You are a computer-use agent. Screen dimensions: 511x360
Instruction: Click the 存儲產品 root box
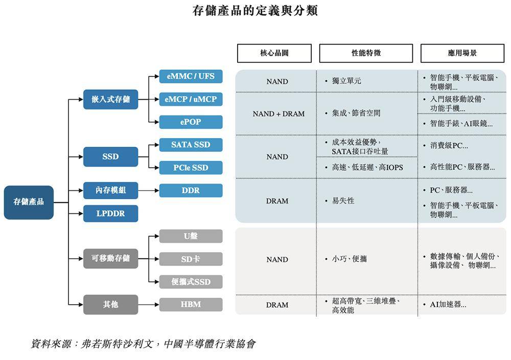[x=29, y=202]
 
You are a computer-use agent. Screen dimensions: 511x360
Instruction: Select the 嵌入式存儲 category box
[x=110, y=99]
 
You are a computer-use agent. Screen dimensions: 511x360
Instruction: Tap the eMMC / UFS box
[x=191, y=76]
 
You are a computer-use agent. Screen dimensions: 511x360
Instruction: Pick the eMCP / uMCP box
[x=191, y=99]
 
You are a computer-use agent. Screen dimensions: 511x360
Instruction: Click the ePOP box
[x=191, y=122]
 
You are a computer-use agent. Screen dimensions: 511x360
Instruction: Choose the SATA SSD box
[x=191, y=145]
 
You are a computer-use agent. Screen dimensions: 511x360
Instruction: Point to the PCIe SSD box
[x=191, y=168]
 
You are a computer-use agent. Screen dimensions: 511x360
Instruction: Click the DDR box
[x=191, y=190]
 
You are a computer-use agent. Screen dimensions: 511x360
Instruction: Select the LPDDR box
[x=110, y=214]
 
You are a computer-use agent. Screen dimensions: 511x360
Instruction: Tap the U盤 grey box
[x=191, y=236]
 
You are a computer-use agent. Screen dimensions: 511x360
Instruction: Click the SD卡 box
[x=191, y=259]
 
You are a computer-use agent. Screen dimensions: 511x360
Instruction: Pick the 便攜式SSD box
[x=191, y=282]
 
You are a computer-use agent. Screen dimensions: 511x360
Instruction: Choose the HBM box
[x=191, y=305]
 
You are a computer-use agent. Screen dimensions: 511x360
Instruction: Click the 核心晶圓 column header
[x=274, y=53]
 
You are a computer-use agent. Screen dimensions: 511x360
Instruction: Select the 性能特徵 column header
[x=366, y=53]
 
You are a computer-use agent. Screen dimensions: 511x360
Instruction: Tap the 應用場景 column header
[x=462, y=53]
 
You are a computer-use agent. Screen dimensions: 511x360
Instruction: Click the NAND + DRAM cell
[x=278, y=114]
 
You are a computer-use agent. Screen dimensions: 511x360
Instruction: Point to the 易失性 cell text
[x=343, y=201]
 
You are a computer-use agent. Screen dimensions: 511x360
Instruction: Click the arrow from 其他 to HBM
[x=149, y=305]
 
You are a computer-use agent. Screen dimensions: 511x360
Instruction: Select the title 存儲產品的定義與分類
[x=255, y=11]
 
